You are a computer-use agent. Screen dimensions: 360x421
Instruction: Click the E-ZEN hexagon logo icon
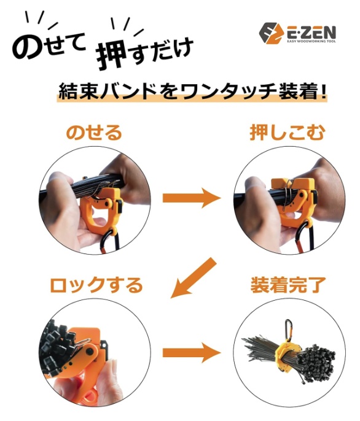pyautogui.click(x=272, y=33)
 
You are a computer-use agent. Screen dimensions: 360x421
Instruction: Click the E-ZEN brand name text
pyautogui.click(x=310, y=32)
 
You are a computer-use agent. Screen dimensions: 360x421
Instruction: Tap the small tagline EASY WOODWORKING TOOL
pyautogui.click(x=311, y=41)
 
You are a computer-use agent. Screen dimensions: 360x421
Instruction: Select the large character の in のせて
pyautogui.click(x=28, y=47)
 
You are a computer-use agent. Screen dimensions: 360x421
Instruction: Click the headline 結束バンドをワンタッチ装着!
pyautogui.click(x=192, y=92)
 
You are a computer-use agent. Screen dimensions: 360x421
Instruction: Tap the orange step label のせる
pyautogui.click(x=94, y=133)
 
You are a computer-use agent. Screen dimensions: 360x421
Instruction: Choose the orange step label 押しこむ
pyautogui.click(x=287, y=133)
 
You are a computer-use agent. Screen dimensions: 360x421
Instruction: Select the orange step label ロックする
pyautogui.click(x=96, y=285)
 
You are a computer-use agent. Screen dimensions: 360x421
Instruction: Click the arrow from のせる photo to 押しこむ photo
pyautogui.click(x=191, y=198)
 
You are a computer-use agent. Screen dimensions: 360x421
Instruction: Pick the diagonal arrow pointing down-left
pyautogui.click(x=193, y=278)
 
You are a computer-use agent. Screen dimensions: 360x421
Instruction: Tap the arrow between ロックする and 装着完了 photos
pyautogui.click(x=191, y=352)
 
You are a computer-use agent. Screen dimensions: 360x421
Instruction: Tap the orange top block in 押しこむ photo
pyautogui.click(x=292, y=184)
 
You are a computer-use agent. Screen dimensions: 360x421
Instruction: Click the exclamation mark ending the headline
pyautogui.click(x=324, y=92)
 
